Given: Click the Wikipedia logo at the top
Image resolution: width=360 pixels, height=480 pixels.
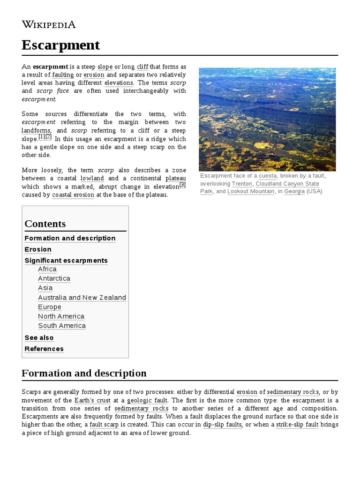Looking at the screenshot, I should click(x=49, y=24).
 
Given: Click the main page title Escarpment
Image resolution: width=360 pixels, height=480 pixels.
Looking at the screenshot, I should click(x=60, y=45).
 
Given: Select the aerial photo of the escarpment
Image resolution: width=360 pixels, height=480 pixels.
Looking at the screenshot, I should click(x=267, y=119).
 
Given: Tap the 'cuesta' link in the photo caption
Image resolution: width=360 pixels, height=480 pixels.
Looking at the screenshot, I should click(x=268, y=176).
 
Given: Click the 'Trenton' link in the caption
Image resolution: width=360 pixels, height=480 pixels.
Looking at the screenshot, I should click(x=242, y=184).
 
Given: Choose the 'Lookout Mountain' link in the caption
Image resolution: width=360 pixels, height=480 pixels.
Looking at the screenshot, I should click(x=251, y=192).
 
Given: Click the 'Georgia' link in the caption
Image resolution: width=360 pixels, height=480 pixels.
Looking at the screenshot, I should click(x=294, y=192).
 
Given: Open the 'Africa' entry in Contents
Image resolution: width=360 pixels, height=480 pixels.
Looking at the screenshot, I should click(x=47, y=269).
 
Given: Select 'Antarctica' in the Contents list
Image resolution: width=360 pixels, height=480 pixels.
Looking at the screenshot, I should click(x=54, y=278).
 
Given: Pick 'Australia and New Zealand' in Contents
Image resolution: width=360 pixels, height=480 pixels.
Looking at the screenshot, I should click(x=82, y=298).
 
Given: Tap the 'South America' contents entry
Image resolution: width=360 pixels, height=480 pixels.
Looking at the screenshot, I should click(x=62, y=326).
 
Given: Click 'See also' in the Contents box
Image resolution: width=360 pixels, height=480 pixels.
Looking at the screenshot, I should click(x=39, y=338).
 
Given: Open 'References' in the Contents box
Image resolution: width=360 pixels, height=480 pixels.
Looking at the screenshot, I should click(x=44, y=349).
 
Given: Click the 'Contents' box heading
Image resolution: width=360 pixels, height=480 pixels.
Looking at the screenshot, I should click(x=45, y=224).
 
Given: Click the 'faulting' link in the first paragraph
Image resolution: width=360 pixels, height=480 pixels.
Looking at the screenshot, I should click(x=63, y=75).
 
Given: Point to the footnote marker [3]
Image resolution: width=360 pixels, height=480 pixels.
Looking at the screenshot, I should click(x=183, y=185).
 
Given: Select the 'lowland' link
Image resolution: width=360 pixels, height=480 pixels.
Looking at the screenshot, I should click(x=92, y=179).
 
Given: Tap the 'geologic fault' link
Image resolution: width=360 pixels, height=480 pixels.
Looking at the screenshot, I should click(x=148, y=400).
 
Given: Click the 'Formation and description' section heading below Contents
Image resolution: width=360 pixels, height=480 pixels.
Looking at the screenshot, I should click(x=84, y=373).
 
